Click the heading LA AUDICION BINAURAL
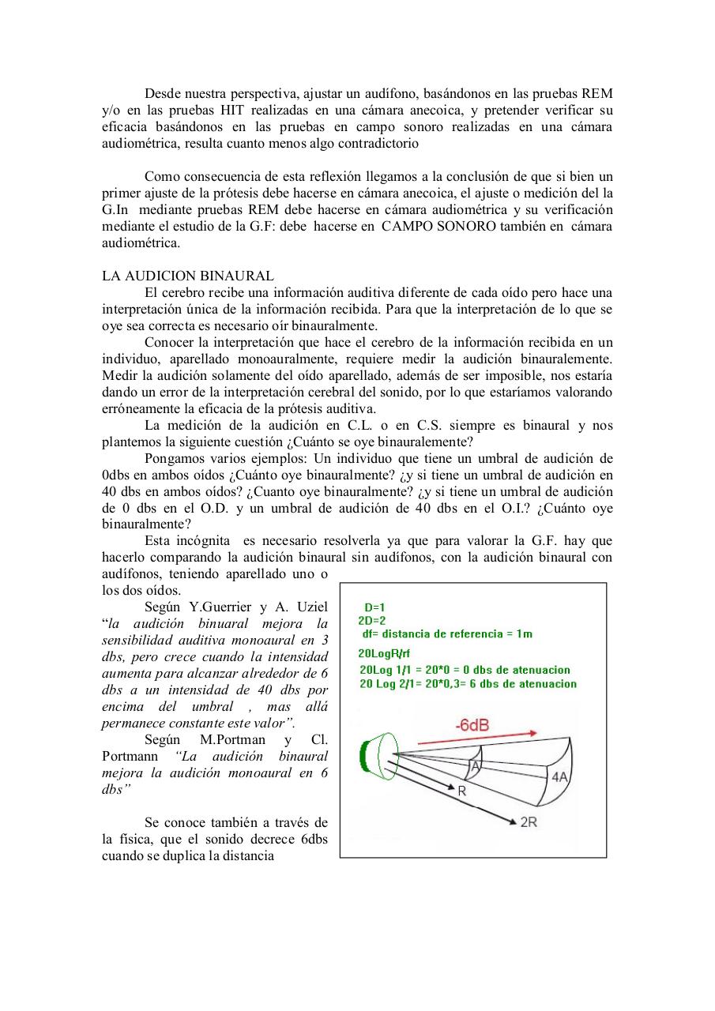[188, 276]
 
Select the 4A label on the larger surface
[559, 777]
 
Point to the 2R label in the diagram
[529, 822]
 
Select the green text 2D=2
[371, 620]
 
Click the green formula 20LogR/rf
[384, 653]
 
